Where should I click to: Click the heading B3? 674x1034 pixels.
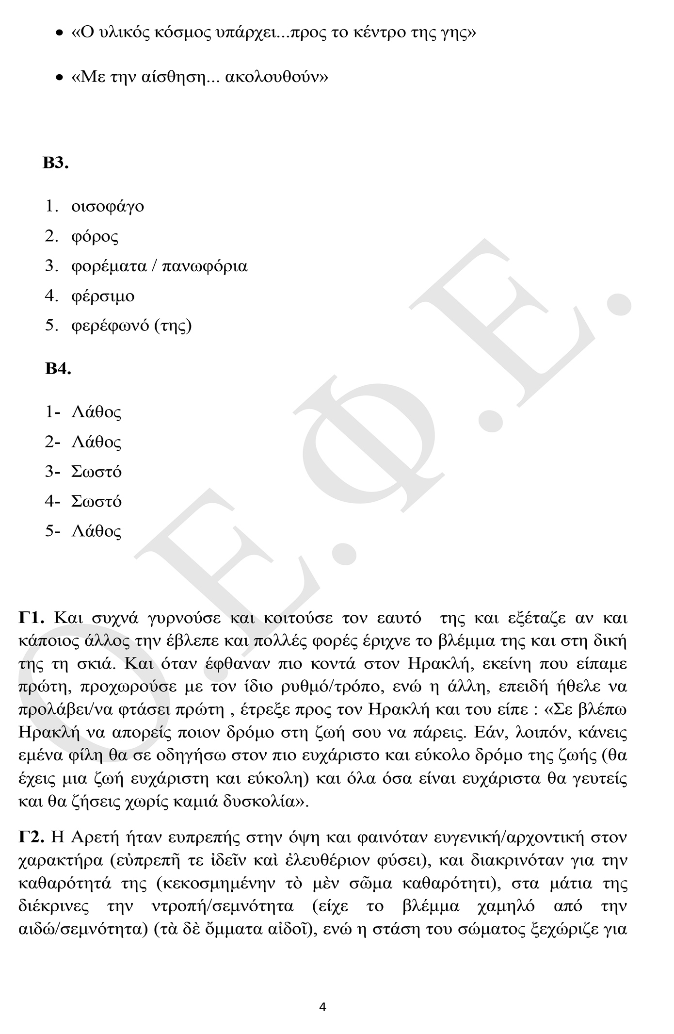tap(55, 163)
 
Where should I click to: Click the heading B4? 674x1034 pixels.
tap(58, 369)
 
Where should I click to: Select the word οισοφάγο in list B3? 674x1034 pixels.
tap(108, 206)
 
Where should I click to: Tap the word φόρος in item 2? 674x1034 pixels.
tap(95, 236)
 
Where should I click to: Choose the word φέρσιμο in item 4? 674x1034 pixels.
tap(103, 296)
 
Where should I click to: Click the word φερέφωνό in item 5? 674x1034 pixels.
tap(110, 326)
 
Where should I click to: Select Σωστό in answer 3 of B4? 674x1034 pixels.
tap(96, 472)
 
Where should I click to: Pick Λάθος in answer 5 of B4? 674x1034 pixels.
tap(96, 531)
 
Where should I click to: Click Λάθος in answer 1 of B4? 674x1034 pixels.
tap(96, 412)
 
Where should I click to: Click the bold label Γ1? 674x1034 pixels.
tap(32, 618)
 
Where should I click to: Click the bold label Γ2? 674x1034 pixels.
tap(32, 837)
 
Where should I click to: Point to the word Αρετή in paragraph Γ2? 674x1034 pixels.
tap(94, 837)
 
